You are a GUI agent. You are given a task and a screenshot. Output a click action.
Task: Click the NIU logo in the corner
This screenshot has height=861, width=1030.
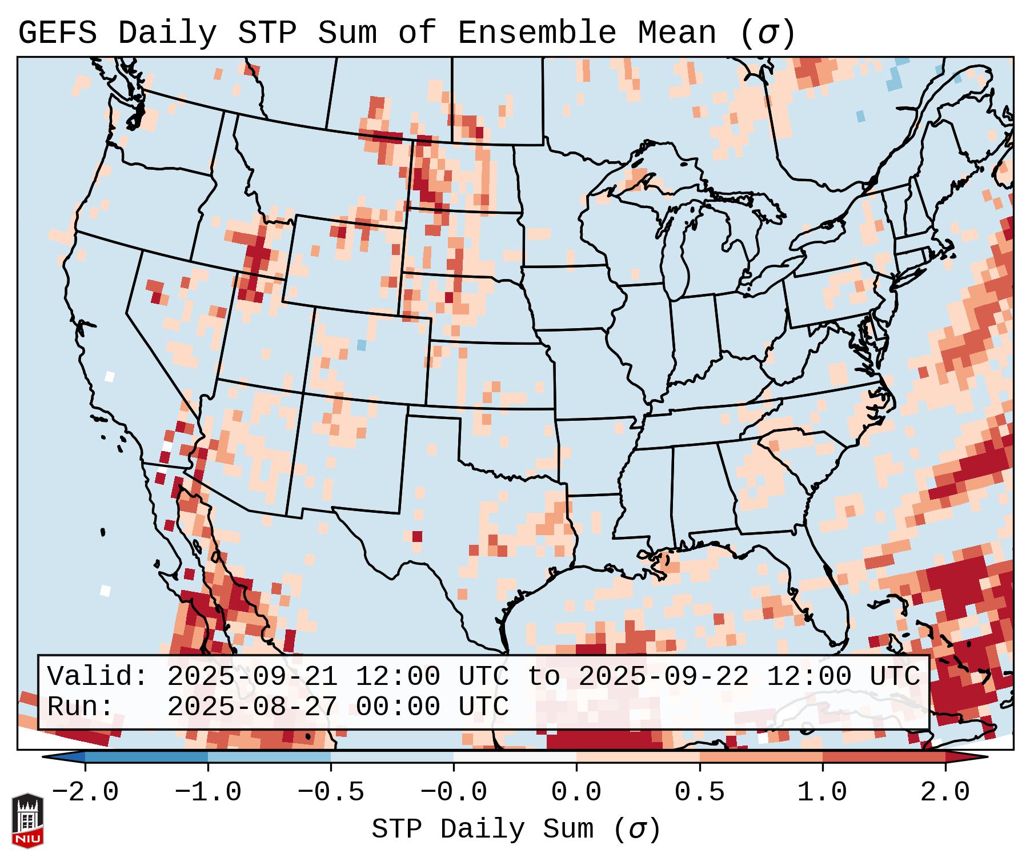27,820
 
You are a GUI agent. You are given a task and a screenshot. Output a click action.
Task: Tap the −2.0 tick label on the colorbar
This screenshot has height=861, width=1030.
85,792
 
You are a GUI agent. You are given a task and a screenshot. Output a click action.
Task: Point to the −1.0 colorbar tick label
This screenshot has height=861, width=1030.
208,792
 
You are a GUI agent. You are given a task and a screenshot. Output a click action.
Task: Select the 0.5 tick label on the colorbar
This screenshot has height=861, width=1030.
700,792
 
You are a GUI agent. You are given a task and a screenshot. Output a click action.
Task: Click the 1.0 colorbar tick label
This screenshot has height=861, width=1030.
823,792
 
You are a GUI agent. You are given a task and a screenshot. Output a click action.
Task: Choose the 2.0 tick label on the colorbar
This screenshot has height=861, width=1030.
945,792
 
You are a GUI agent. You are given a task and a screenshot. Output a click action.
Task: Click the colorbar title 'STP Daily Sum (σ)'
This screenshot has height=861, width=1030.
516,829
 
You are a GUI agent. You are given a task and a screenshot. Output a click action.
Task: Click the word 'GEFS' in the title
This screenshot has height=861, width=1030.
57,33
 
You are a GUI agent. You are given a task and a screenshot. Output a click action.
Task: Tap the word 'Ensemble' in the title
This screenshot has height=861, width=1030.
537,33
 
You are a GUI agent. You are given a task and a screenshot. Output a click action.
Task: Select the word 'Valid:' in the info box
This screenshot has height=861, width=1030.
98,676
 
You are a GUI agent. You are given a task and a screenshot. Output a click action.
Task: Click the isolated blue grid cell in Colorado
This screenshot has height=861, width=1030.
361,345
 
